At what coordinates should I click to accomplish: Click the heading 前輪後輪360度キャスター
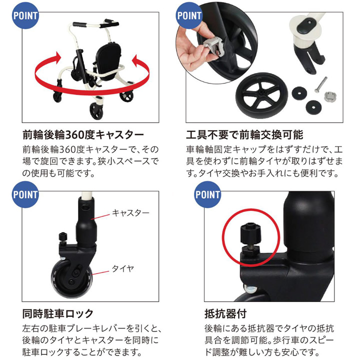point(83,135)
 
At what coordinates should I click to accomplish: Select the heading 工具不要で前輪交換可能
point(244,135)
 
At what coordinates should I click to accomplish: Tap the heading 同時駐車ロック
point(58,313)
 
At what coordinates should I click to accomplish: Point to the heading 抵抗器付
point(225,313)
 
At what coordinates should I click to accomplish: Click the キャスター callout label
point(130,213)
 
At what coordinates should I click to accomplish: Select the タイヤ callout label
point(123,268)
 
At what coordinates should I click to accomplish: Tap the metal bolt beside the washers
point(320,84)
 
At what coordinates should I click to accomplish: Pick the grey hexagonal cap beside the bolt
point(330,96)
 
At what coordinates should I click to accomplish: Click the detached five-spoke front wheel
point(261,95)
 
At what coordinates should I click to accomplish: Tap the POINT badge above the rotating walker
point(25,15)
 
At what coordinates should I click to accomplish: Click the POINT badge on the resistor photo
point(207,194)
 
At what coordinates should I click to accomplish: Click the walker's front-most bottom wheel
point(96,111)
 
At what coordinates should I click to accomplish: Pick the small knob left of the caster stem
point(62,237)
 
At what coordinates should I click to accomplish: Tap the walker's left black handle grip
point(79,24)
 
